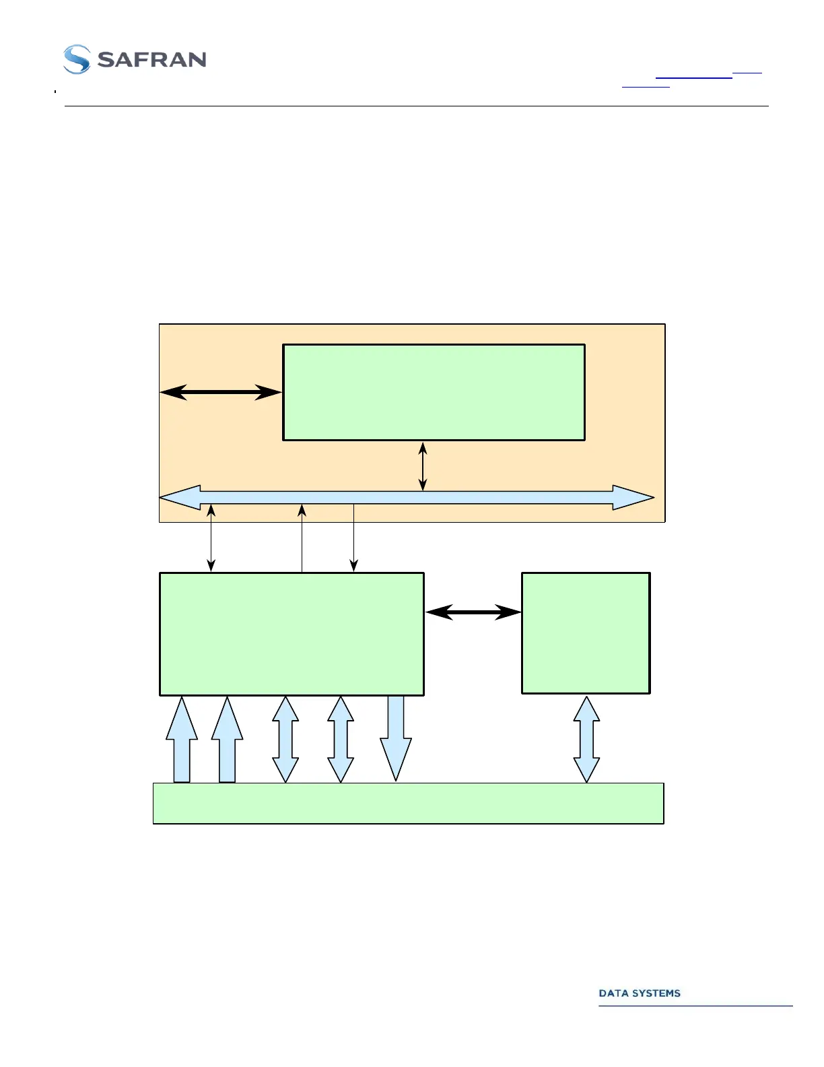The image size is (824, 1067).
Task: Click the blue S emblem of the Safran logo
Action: point(77,59)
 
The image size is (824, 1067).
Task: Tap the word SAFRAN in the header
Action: point(151,60)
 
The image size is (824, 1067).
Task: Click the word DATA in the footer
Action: point(613,993)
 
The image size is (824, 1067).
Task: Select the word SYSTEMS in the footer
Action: point(655,993)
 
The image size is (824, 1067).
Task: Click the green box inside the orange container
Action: point(434,392)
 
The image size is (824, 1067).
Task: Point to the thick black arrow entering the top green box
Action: point(221,392)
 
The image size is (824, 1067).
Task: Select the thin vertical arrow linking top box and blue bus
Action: point(423,465)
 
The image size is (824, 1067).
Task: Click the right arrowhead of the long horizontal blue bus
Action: point(633,498)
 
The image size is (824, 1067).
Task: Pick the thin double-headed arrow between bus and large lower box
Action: point(211,538)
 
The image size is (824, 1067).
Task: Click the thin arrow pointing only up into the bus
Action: point(302,538)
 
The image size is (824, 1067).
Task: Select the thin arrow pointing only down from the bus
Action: point(353,538)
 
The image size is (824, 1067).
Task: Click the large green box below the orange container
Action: point(291,634)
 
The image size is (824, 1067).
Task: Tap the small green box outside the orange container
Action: point(586,633)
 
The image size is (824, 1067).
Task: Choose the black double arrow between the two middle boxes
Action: point(473,612)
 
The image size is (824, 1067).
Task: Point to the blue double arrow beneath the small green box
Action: point(586,739)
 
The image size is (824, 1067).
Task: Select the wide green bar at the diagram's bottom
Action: point(409,803)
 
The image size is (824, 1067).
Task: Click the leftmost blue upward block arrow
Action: point(182,741)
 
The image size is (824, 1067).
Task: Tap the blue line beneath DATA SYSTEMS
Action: point(695,1006)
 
